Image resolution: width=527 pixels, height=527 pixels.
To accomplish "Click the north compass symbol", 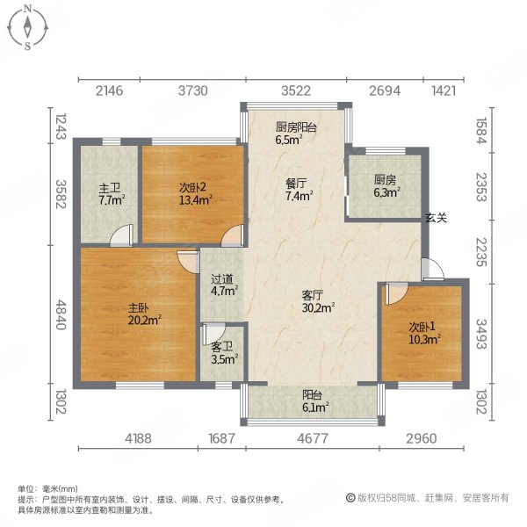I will tap(28, 26).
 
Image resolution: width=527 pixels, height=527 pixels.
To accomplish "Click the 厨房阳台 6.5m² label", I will tap(295, 132).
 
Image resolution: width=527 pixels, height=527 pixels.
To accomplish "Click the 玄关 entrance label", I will tap(437, 218).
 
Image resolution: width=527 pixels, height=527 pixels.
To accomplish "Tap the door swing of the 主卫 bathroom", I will tap(122, 235).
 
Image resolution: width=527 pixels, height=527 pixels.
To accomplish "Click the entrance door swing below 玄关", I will tap(428, 269).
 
